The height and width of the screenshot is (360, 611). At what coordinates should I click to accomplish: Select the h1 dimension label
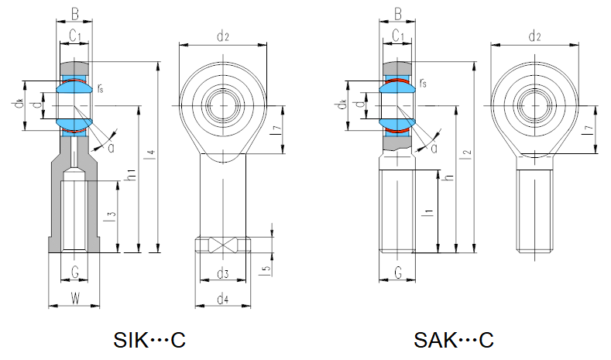pyautogui.click(x=132, y=177)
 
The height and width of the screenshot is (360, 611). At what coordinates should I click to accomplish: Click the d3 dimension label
pyautogui.click(x=224, y=273)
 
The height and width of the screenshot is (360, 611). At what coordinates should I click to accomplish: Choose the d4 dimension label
pyautogui.click(x=223, y=297)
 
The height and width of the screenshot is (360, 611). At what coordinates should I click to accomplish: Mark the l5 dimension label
pyautogui.click(x=266, y=269)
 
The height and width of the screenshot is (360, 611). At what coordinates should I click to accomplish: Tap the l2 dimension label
pyautogui.click(x=465, y=155)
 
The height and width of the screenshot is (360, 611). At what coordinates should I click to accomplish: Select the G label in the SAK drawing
pyautogui.click(x=398, y=272)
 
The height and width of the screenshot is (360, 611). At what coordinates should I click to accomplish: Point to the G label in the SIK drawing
pyautogui.click(x=74, y=272)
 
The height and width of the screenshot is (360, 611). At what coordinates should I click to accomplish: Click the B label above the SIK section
pyautogui.click(x=74, y=12)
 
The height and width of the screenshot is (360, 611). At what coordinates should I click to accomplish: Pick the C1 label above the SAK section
pyautogui.click(x=398, y=35)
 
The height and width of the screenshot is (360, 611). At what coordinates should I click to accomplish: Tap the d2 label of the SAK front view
pyautogui.click(x=534, y=36)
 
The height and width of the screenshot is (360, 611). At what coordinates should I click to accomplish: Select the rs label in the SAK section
pyautogui.click(x=423, y=83)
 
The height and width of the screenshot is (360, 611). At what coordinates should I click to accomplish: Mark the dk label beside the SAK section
pyautogui.click(x=342, y=104)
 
